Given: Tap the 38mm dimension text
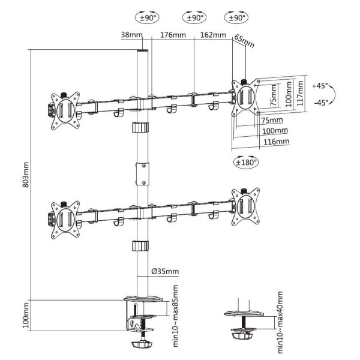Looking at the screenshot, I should pos(131,35).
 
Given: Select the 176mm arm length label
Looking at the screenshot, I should pos(173,35).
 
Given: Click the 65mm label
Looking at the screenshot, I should pos(244,41).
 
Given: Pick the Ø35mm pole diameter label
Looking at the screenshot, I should pos(165,272).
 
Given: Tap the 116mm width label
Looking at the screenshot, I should pos(276,142).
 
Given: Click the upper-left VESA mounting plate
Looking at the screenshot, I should pos(65,108).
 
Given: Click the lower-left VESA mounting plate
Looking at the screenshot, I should pos(65,214).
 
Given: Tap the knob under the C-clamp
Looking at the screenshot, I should pos(142,345).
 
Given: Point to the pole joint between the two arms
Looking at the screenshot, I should pos(143,173).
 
